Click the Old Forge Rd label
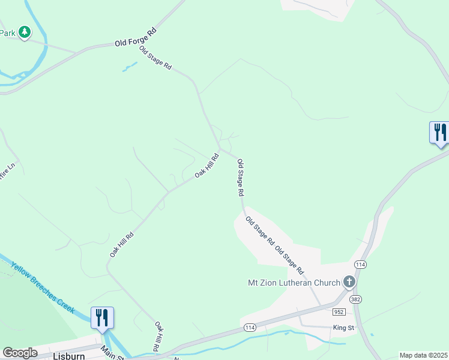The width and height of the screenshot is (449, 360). tap(136, 37)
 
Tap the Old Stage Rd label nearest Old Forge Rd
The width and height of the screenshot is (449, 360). tap(155, 58)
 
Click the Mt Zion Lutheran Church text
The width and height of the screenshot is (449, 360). tap(294, 283)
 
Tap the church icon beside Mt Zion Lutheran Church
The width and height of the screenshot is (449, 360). tap(349, 282)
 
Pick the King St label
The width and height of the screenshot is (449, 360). tap(344, 328)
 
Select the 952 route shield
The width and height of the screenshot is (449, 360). tap(339, 312)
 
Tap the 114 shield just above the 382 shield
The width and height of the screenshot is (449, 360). tap(360, 264)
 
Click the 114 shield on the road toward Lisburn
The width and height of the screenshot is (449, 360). tap(250, 328)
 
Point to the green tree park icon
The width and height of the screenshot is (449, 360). tap(24, 32)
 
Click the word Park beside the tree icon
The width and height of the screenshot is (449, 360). tap(7, 33)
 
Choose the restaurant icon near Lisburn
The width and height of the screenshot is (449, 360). tap(102, 317)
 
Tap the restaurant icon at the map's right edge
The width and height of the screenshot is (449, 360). tap(439, 133)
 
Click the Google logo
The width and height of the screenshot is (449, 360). tap(20, 353)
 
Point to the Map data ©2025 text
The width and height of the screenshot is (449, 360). tap(423, 355)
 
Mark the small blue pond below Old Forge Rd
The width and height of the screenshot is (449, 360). tap(128, 67)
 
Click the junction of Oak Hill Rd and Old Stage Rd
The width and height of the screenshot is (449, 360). tap(221, 149)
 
